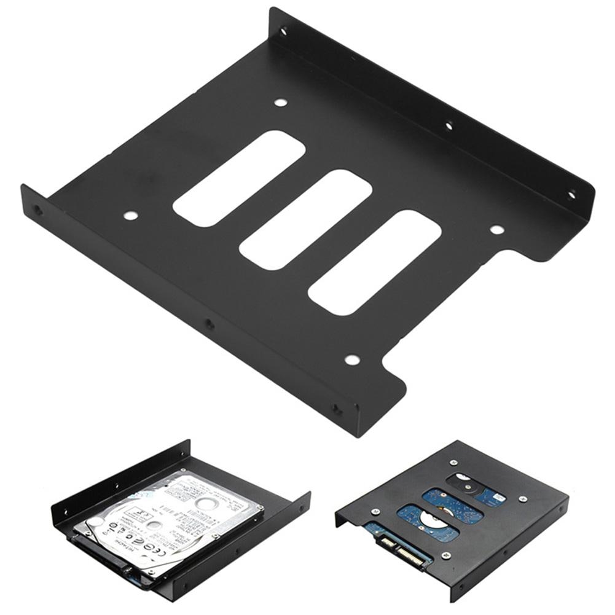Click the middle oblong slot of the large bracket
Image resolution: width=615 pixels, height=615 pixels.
pyautogui.click(x=305, y=219)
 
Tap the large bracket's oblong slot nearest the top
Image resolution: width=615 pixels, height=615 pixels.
pyautogui.click(x=239, y=177)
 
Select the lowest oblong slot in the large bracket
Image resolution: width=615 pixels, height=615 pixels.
pyautogui.click(x=375, y=263)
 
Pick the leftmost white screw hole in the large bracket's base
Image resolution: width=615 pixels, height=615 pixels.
pyautogui.click(x=130, y=215)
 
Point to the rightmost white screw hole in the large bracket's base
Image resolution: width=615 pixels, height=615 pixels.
pyautogui.click(x=496, y=230)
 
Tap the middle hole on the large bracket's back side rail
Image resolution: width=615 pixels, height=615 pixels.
pyautogui.click(x=449, y=127)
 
